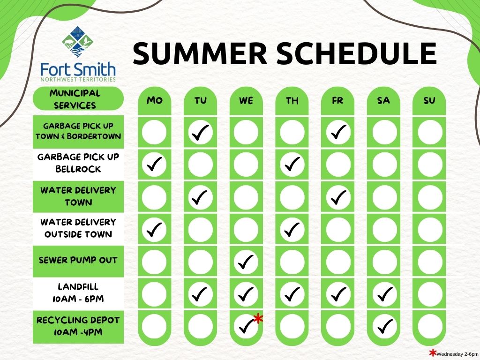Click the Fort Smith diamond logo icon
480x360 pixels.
pyautogui.click(x=78, y=42)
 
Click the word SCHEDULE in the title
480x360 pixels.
pyautogui.click(x=357, y=53)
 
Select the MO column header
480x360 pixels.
pyautogui.click(x=155, y=100)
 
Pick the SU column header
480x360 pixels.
pyautogui.click(x=429, y=100)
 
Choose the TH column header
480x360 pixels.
pyautogui.click(x=292, y=100)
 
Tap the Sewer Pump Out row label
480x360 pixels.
pyautogui.click(x=78, y=260)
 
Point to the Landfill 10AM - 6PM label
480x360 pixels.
pyautogui.click(x=78, y=292)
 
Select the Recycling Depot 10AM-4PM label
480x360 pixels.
pyautogui.click(x=78, y=326)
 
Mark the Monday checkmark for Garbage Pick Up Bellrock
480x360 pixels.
pyautogui.click(x=155, y=164)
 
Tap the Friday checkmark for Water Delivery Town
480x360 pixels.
pyautogui.click(x=338, y=197)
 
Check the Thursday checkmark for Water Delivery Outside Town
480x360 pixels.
pyautogui.click(x=292, y=229)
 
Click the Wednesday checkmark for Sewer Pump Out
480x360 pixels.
pyautogui.click(x=246, y=262)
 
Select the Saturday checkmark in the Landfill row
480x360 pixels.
pyautogui.click(x=385, y=294)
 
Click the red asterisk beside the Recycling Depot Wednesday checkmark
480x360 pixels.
pyautogui.click(x=259, y=318)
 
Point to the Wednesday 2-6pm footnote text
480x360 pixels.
pyautogui.click(x=457, y=354)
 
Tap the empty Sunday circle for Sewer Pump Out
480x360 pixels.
pyautogui.click(x=430, y=262)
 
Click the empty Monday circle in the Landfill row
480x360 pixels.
pyautogui.click(x=154, y=294)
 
